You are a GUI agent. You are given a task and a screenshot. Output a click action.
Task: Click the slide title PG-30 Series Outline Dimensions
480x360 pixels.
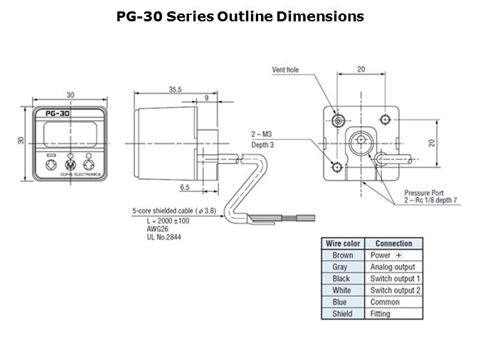point(240,16)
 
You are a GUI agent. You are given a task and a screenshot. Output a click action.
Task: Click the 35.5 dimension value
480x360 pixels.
point(175,90)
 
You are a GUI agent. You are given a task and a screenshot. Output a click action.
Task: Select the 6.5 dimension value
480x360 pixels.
point(185,188)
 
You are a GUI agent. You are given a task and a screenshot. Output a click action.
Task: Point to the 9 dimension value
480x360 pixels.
point(206,97)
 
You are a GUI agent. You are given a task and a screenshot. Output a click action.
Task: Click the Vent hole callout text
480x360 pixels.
point(287,70)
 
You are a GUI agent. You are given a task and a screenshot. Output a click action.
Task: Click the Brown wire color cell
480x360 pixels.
point(343,255)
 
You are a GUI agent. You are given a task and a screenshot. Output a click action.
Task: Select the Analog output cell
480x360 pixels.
point(393,267)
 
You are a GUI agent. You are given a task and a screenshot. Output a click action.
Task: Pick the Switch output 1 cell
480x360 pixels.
point(395,279)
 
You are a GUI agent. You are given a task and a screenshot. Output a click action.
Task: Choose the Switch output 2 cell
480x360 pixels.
point(395,290)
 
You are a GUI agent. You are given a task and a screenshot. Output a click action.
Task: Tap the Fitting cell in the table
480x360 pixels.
point(380,314)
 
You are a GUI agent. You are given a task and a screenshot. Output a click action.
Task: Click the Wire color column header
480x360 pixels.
point(343,243)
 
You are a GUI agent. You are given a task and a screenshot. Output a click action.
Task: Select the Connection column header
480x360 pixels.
point(393,243)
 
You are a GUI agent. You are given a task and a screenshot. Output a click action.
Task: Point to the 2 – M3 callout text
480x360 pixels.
point(264,134)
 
